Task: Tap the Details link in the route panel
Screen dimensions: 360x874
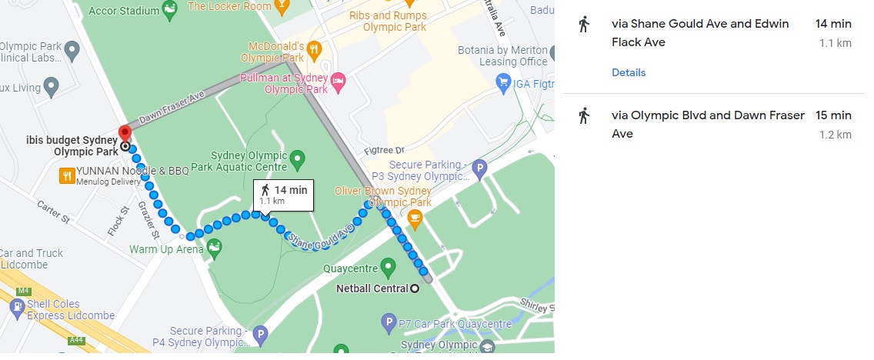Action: point(629,72)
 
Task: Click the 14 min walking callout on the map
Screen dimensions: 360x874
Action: point(283,194)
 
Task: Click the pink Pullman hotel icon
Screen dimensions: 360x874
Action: point(337,80)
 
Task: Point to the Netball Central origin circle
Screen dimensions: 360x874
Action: point(415,289)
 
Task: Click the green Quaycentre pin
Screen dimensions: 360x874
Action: point(388,267)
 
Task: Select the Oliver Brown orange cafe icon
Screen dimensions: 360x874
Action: point(415,218)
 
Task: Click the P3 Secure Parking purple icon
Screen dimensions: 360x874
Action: point(480,167)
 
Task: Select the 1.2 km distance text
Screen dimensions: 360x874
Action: point(836,135)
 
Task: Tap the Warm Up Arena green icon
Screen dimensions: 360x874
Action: point(215,246)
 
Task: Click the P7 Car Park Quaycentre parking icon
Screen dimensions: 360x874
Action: point(389,322)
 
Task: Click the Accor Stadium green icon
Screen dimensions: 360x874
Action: point(171,11)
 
